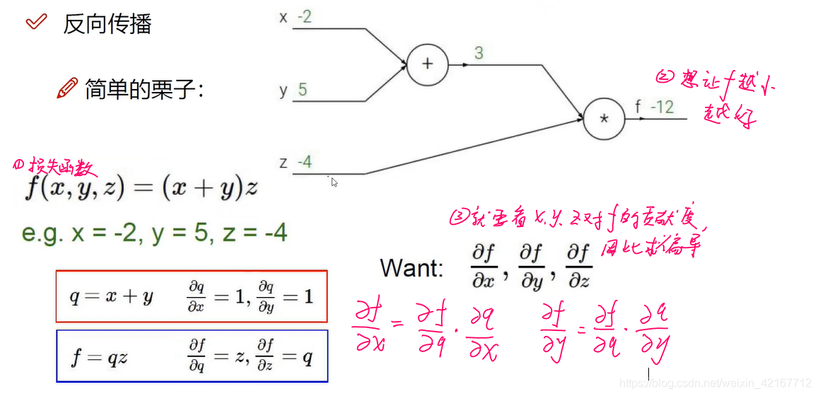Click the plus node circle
[427, 64]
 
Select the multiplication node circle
[604, 118]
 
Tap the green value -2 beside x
[305, 17]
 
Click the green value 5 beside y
[303, 90]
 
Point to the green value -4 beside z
[305, 162]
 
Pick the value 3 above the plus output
[479, 53]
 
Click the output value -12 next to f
[662, 107]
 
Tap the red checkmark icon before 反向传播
[35, 23]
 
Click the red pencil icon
[66, 88]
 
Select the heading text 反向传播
[107, 24]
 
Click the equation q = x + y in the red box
[111, 297]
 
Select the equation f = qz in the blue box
[99, 357]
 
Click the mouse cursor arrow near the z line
[334, 182]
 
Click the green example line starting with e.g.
[154, 233]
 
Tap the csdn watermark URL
[715, 383]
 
